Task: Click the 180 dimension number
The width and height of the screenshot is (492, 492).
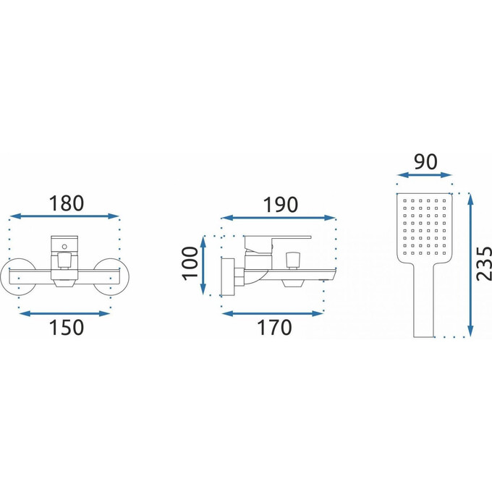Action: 67,203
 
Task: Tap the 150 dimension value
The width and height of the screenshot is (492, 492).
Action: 67,328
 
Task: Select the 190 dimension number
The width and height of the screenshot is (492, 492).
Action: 280,205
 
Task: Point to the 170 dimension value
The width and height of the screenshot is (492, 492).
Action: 274,328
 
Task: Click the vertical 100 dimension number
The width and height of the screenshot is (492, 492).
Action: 190,263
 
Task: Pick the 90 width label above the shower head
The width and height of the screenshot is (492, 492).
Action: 425,162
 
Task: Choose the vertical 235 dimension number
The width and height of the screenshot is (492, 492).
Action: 484,264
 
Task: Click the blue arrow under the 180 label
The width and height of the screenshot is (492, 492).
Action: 64,216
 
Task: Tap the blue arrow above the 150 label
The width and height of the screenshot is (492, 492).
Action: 64,313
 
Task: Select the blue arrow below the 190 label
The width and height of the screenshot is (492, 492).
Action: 279,218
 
